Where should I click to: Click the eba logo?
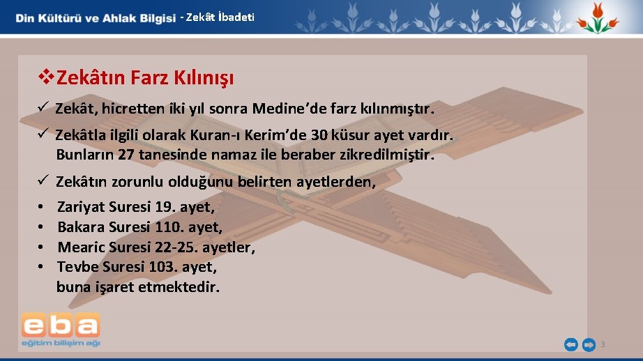click(x=60, y=329)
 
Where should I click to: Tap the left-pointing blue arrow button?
click(x=570, y=344)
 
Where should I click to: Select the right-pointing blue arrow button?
click(x=589, y=344)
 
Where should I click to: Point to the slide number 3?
click(x=603, y=344)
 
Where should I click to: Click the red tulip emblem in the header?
click(x=597, y=17)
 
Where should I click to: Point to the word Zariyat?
click(x=81, y=207)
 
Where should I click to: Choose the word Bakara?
click(x=80, y=227)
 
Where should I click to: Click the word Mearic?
click(x=80, y=247)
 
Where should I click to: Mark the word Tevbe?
click(x=77, y=267)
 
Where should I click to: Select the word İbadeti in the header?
click(x=236, y=17)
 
